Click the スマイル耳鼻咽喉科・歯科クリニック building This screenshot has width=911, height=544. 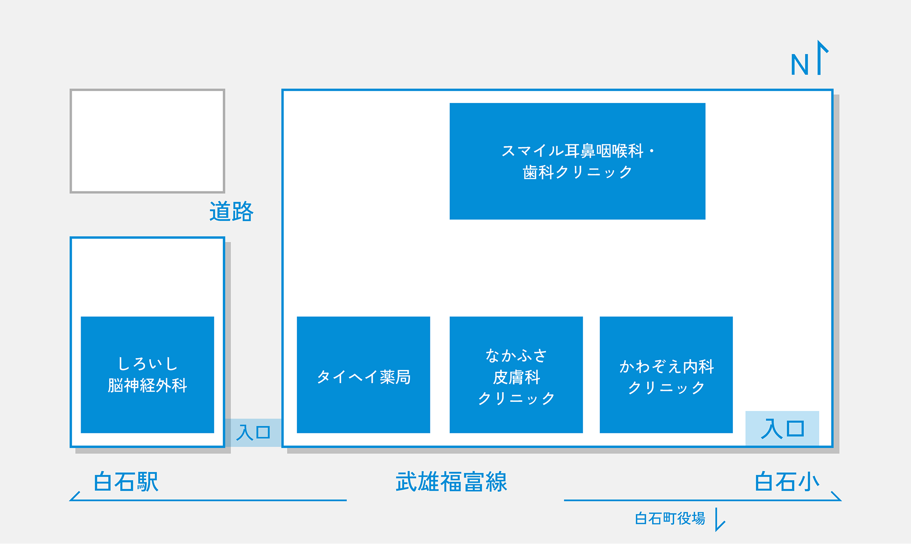[577, 161]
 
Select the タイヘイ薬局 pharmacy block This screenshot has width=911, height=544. [363, 375]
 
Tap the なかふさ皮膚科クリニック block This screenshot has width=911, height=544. [516, 375]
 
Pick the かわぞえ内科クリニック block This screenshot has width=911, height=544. [666, 375]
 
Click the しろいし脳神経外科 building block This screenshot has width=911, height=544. [147, 375]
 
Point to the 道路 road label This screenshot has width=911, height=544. [231, 212]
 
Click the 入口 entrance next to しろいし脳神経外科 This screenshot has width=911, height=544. [253, 432]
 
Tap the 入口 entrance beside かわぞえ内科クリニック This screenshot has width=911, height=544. [782, 429]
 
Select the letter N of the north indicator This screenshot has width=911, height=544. [799, 65]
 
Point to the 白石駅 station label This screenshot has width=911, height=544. [126, 482]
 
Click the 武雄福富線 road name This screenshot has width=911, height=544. [451, 482]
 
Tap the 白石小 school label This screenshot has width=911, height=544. [787, 482]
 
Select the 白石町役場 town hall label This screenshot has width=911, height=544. [670, 518]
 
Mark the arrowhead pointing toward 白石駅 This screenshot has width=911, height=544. [74, 497]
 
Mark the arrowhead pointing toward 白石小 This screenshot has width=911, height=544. [837, 497]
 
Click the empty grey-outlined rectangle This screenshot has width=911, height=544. [147, 141]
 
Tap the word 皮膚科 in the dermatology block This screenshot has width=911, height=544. [516, 377]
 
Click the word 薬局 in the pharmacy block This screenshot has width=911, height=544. [395, 377]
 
